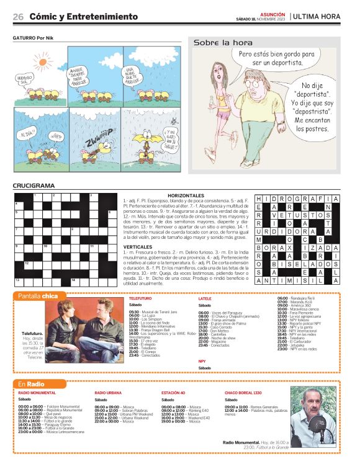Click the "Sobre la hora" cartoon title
(223, 43)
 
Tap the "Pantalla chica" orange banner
(38, 296)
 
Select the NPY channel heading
(202, 360)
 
